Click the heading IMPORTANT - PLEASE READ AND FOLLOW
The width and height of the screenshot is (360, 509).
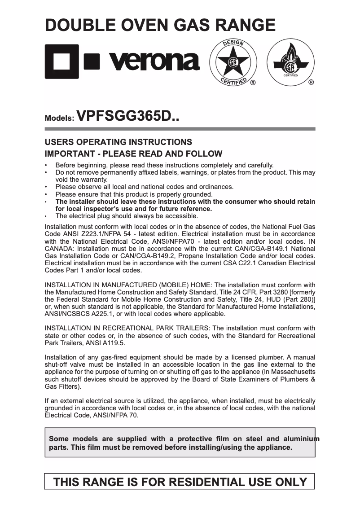coord(133,154)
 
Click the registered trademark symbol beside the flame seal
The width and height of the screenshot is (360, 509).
coord(311,83)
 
